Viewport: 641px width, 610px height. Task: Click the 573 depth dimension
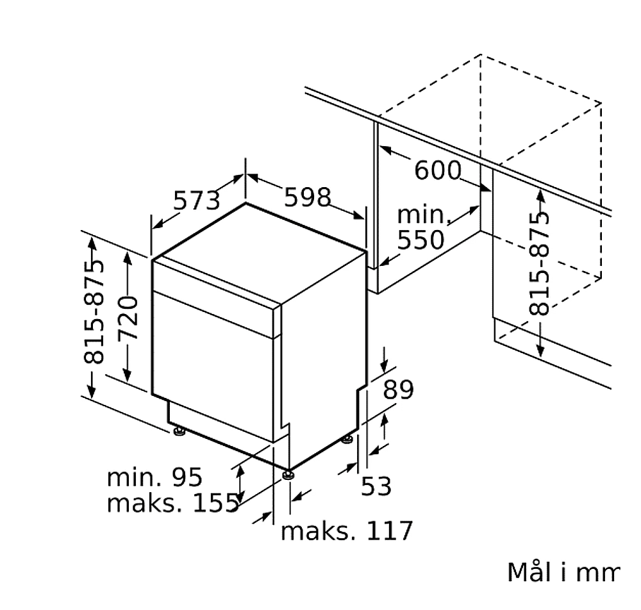[x=197, y=200]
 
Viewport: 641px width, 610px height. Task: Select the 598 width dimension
[x=307, y=197]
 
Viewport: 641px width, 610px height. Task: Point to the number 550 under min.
[x=420, y=240]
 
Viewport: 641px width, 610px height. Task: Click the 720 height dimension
[x=128, y=318]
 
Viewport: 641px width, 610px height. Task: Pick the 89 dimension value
[x=398, y=390]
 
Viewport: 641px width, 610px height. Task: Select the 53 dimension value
[x=376, y=486]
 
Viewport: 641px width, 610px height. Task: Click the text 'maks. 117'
[x=347, y=531]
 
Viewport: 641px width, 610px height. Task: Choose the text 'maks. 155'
[x=172, y=502]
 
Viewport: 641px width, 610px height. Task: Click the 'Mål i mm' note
[x=563, y=572]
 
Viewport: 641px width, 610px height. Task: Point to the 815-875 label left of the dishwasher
[x=94, y=311]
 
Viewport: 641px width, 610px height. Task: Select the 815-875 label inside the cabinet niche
[x=539, y=264]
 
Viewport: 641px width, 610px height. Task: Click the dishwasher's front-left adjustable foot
[x=179, y=431]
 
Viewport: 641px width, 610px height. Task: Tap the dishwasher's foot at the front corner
[x=288, y=475]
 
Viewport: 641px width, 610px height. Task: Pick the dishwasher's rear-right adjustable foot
[x=347, y=440]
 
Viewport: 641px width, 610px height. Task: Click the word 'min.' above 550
[x=422, y=215]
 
